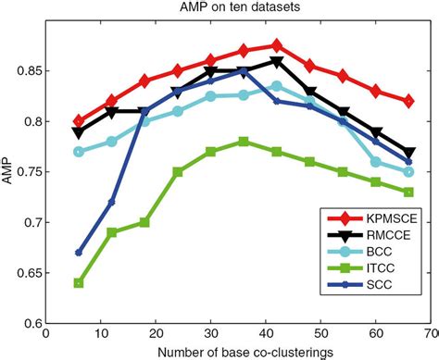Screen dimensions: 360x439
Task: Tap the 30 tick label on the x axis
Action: click(210, 334)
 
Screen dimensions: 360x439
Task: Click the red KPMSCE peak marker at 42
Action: click(277, 45)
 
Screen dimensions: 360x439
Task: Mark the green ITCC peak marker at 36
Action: click(244, 142)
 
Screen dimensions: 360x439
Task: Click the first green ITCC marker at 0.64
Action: click(79, 283)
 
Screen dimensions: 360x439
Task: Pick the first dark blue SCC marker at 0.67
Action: click(79, 253)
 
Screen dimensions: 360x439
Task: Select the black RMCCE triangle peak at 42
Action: click(277, 62)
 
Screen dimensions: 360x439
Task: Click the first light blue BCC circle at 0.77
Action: click(79, 152)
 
